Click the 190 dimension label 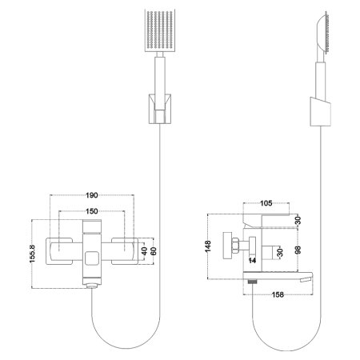(x=93, y=194)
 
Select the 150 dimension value (x=93, y=212)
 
